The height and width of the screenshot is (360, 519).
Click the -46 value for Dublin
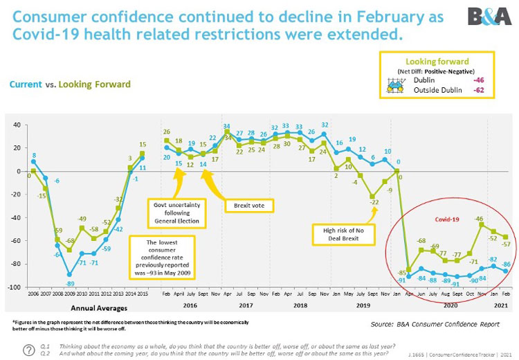point(477,80)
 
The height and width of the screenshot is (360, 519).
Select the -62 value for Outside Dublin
point(477,90)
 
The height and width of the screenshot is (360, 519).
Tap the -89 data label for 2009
point(70,283)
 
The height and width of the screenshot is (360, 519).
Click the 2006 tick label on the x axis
point(33,294)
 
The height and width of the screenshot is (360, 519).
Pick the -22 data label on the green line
point(374,202)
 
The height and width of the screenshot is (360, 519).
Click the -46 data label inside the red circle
point(477,219)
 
